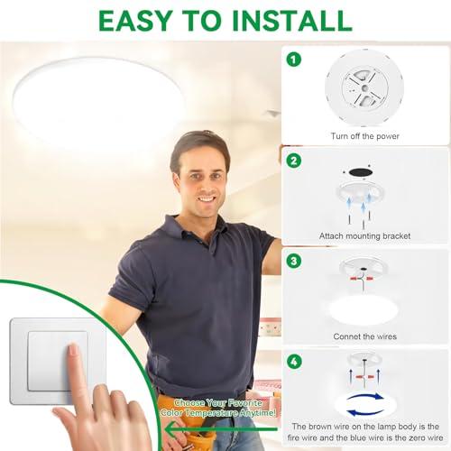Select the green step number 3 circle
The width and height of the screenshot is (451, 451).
(x=292, y=262)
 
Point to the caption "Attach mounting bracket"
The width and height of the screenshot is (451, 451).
(x=366, y=235)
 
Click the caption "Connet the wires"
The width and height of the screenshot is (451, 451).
(x=366, y=336)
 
